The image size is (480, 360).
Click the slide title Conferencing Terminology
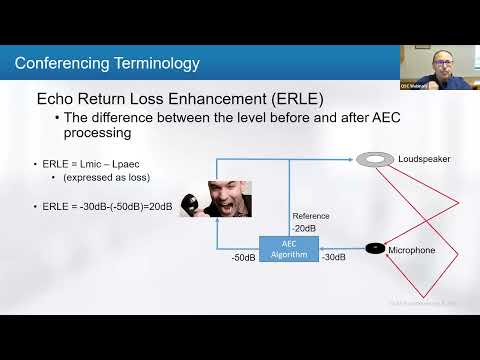(107, 64)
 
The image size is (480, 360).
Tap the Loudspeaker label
(419, 159)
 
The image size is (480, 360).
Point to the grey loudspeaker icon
(376, 159)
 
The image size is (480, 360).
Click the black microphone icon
(375, 248)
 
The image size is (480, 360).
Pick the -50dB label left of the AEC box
(243, 257)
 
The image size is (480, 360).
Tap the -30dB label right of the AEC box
(333, 257)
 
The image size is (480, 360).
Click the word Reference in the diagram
(310, 215)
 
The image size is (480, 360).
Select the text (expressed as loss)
(105, 177)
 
